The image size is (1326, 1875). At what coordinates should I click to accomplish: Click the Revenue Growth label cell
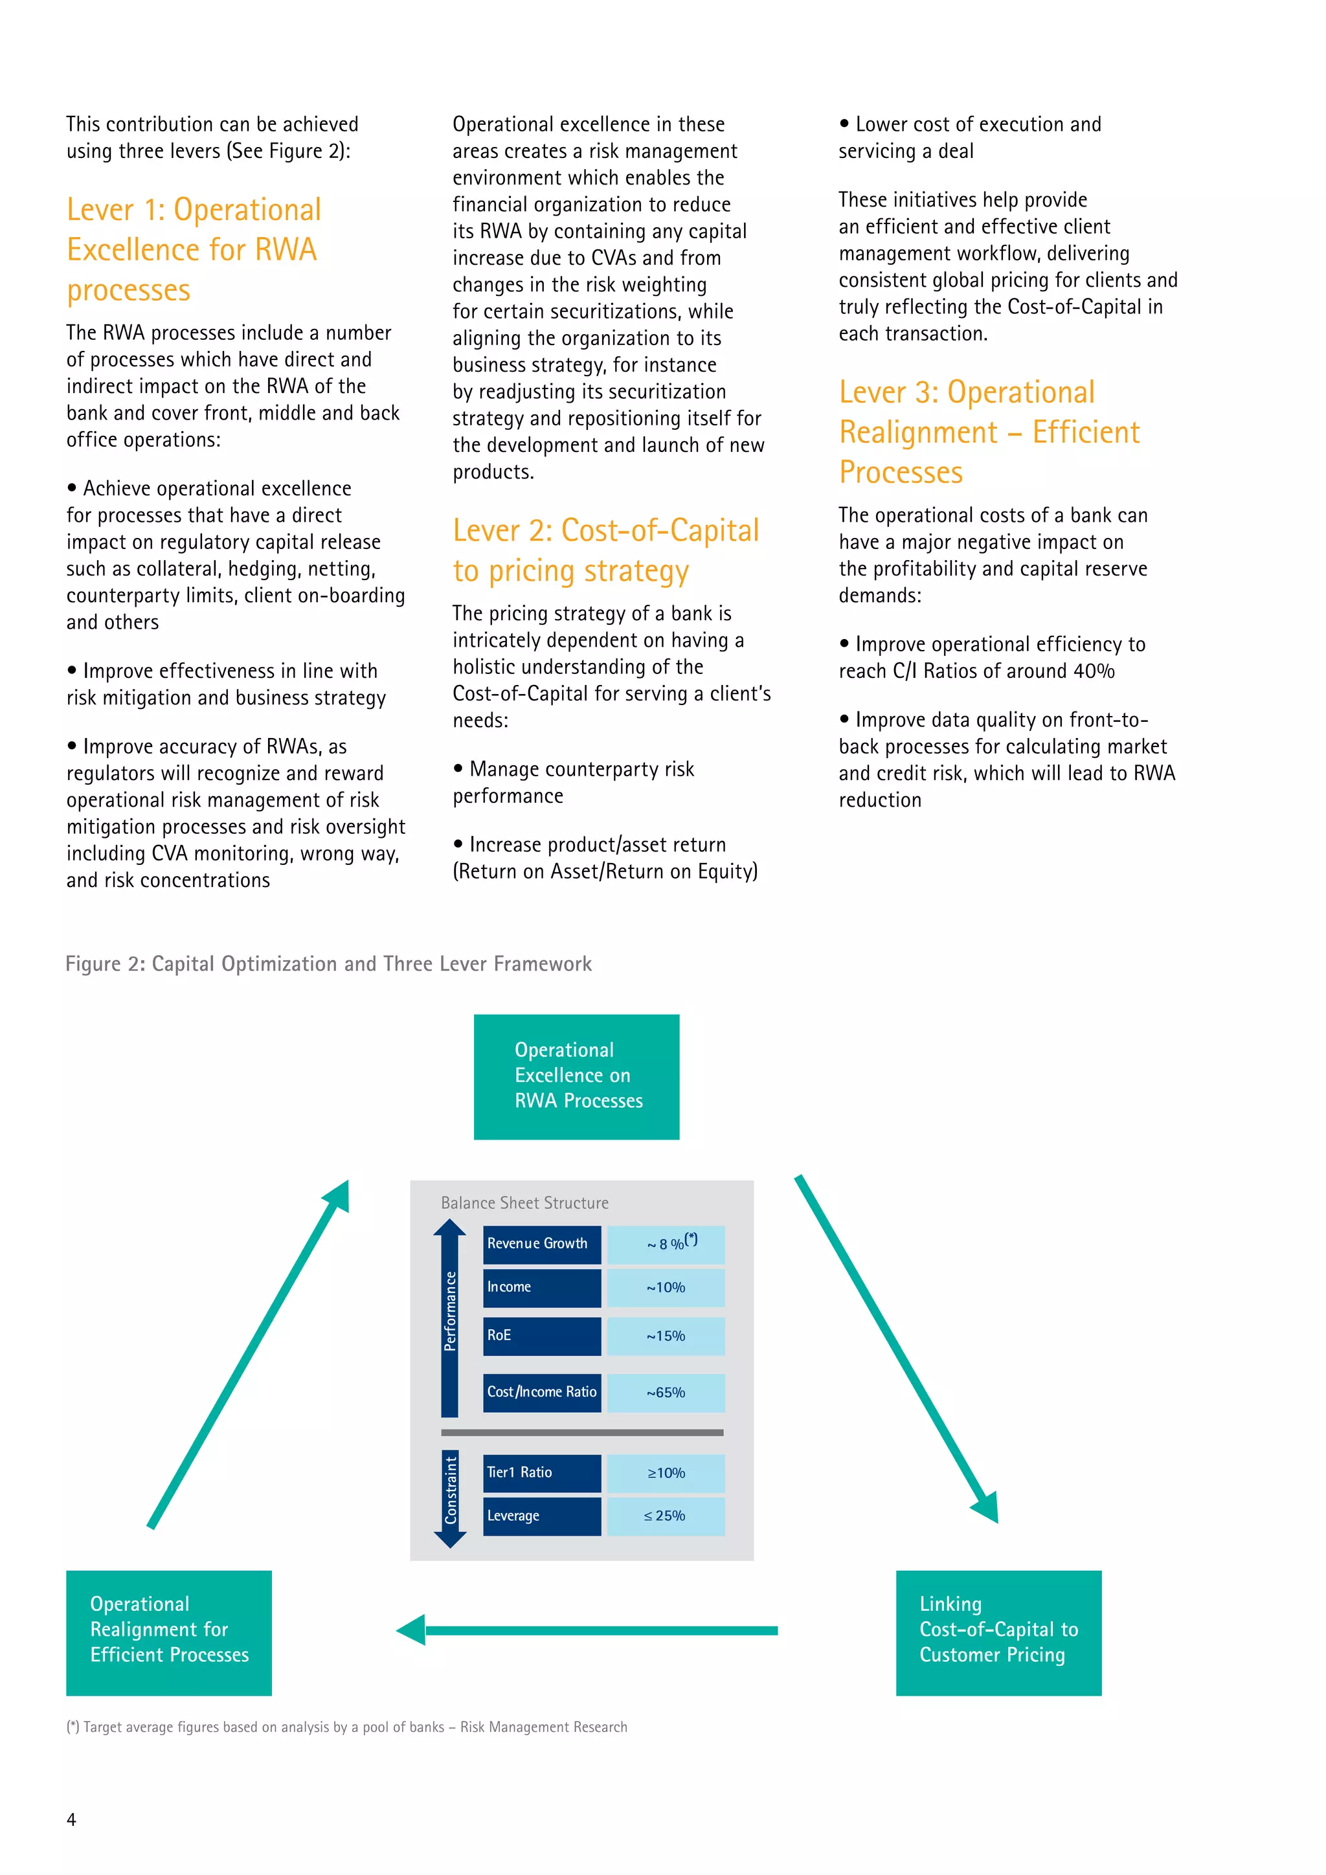point(541,1244)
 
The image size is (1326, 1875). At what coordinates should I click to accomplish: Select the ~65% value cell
point(666,1393)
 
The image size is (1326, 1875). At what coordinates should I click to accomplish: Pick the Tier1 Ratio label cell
point(541,1472)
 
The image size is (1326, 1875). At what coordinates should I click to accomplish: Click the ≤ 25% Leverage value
point(666,1516)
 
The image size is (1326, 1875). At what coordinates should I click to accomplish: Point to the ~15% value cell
point(666,1336)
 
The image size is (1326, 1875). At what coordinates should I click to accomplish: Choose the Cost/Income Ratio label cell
point(541,1393)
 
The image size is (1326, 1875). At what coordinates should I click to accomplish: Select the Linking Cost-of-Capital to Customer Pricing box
point(998,1632)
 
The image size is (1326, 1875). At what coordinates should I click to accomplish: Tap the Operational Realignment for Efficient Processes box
point(169,1632)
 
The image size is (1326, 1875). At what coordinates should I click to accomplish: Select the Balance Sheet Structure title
point(525,1203)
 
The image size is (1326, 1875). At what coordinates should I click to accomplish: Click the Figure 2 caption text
point(328,963)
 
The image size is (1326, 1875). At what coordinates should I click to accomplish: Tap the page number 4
point(71,1819)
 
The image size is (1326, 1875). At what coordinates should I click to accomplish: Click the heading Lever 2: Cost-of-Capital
point(606,531)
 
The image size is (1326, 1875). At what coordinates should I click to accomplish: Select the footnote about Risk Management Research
point(347,1727)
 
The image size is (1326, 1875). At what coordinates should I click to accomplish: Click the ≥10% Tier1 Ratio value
point(666,1473)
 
